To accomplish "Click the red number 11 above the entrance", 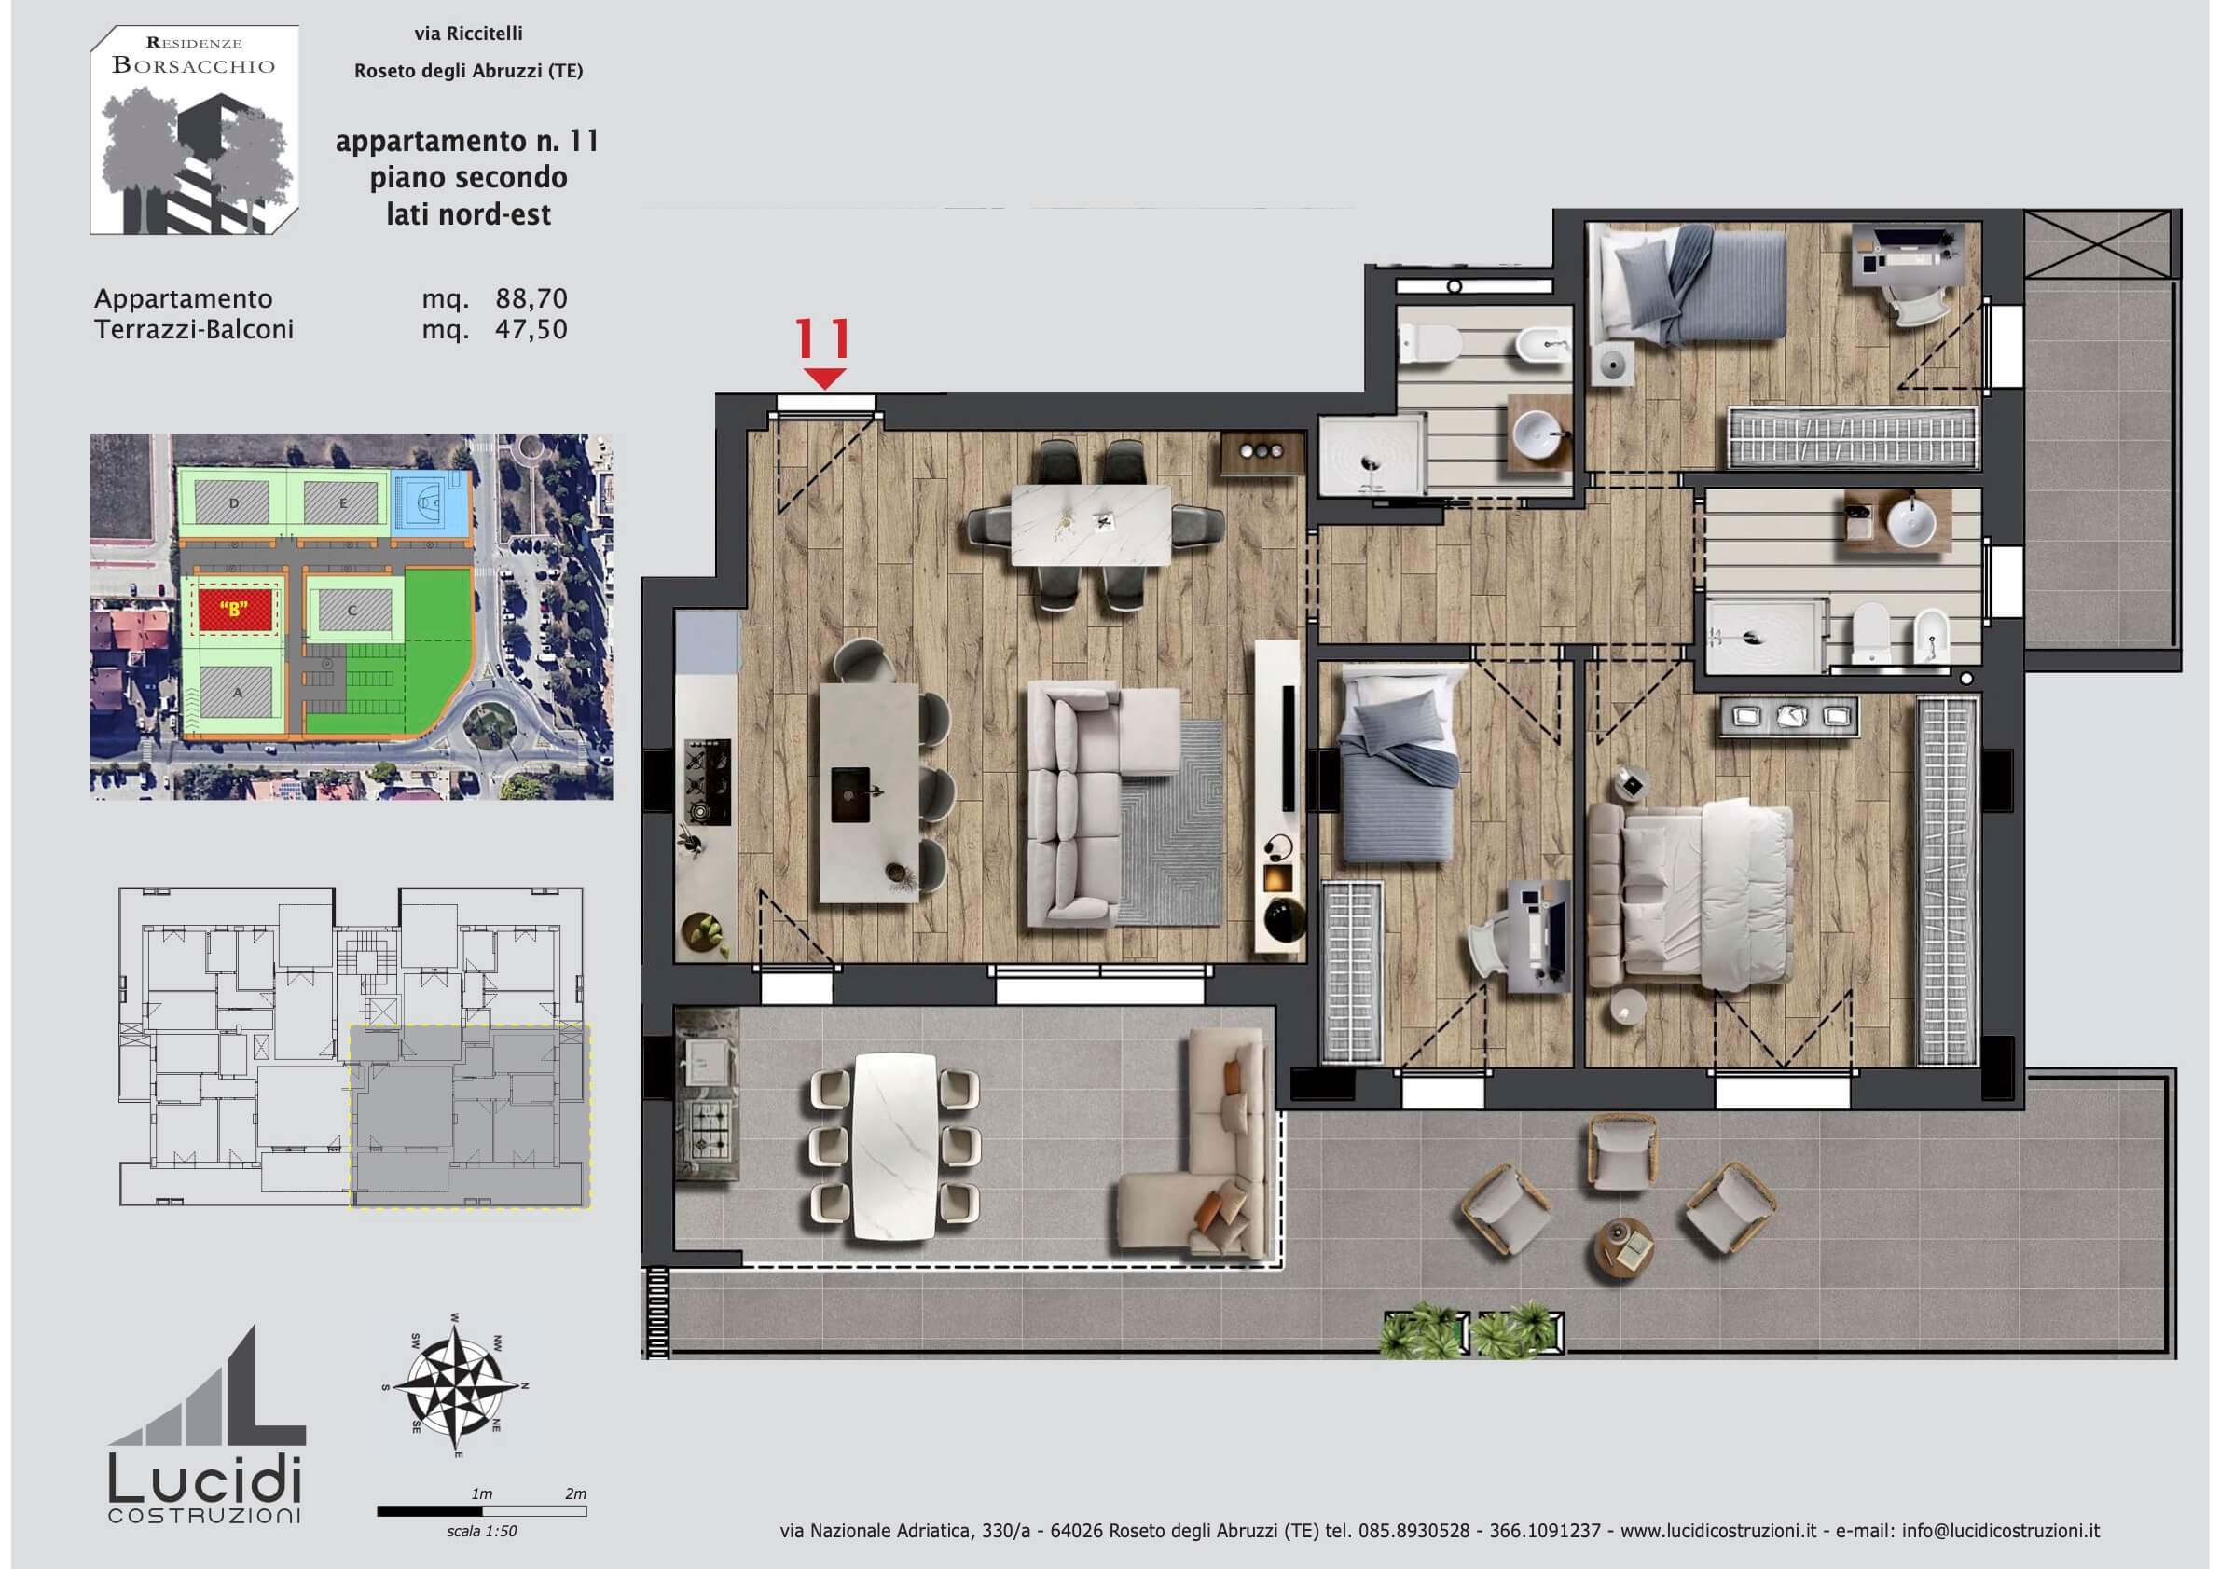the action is pos(823,338).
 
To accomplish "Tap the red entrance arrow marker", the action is pos(824,378).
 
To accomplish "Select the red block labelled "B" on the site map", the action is pos(234,610).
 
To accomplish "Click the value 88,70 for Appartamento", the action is pos(531,298).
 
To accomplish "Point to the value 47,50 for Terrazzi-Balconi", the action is pos(531,330).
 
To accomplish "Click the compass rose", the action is pos(455,1383).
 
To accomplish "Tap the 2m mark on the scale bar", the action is pos(575,1493).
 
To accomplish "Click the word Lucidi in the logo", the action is pos(205,1480).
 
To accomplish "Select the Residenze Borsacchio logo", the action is pos(193,130).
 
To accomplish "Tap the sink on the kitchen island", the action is pos(851,794).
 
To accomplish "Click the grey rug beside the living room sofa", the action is pos(1172,821).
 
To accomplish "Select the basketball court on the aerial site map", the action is pos(430,503).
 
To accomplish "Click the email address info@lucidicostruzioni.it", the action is pos(2001,1531).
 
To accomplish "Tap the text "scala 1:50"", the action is pos(481,1532).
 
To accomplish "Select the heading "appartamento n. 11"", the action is pos(468,142).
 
